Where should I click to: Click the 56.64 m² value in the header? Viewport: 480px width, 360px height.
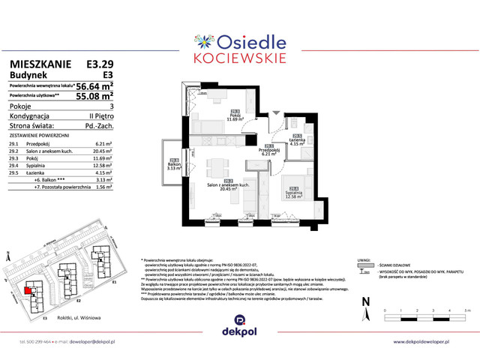coord(94,85)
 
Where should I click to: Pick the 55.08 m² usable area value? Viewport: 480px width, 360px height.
coord(94,97)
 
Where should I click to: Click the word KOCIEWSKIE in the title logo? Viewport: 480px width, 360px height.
coord(239,57)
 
